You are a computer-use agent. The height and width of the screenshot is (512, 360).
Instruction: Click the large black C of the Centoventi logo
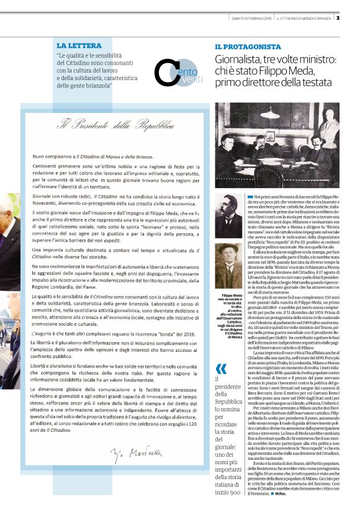tap(166, 73)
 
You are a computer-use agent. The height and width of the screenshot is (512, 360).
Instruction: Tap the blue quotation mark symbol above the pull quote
tap(220, 353)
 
